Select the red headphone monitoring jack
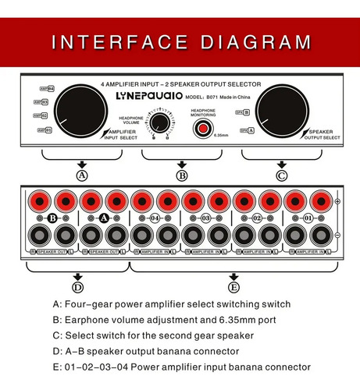[x=204, y=129]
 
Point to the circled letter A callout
[x=81, y=176]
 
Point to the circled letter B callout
[x=182, y=176]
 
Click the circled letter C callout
[x=282, y=176]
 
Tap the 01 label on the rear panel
[x=308, y=219]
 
